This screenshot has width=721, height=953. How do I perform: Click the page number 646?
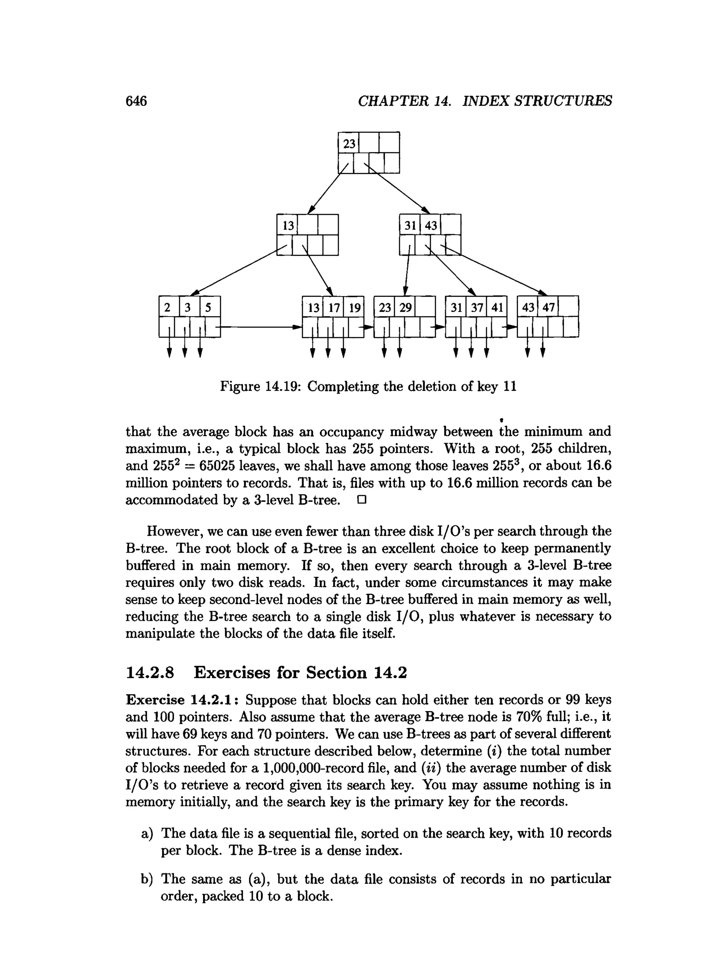pyautogui.click(x=136, y=101)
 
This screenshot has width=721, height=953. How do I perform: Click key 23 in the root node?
pyautogui.click(x=349, y=143)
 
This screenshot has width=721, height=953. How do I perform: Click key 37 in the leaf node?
pyautogui.click(x=477, y=307)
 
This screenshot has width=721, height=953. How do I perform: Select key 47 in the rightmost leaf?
pyautogui.click(x=548, y=307)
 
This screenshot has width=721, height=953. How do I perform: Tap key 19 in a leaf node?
pyautogui.click(x=355, y=307)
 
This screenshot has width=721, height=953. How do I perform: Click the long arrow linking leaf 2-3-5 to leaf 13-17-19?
pyautogui.click(x=259, y=327)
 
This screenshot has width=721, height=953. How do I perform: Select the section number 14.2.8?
pyautogui.click(x=150, y=672)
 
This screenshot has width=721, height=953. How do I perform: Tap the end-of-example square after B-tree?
pyautogui.click(x=361, y=500)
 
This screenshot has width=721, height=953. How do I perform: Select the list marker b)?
pyautogui.click(x=147, y=880)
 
